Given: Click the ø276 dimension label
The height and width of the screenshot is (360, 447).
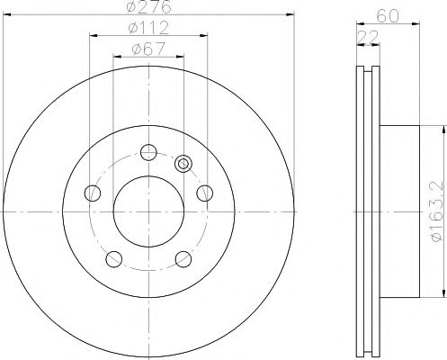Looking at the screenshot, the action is [x=149, y=6].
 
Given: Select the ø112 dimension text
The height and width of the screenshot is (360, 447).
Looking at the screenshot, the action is [x=149, y=29].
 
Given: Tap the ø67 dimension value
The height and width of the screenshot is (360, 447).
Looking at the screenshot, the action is [x=149, y=49].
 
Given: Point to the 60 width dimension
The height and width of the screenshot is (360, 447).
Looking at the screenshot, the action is [x=388, y=16].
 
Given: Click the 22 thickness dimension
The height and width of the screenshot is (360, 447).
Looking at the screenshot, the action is [x=368, y=37].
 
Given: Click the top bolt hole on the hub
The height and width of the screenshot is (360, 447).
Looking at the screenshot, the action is [x=148, y=152].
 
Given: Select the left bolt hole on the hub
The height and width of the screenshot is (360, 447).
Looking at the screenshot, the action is [x=93, y=193].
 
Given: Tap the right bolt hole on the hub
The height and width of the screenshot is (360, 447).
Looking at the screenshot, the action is [x=205, y=193].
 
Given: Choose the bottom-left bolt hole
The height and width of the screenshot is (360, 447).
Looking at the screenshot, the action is [x=114, y=259].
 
